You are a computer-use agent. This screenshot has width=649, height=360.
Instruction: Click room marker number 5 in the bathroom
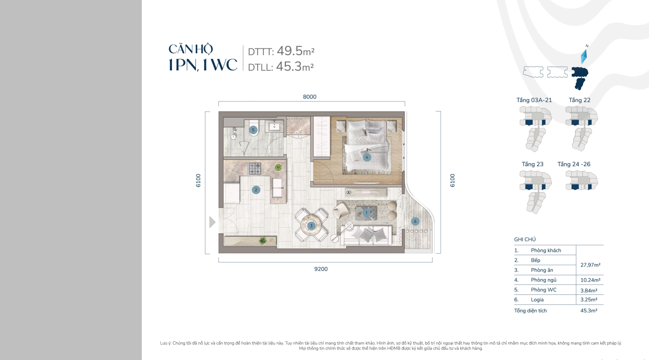[253, 130]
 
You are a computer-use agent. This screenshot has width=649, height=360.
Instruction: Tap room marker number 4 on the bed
[367, 157]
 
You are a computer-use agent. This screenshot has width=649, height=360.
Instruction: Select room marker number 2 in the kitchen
[256, 190]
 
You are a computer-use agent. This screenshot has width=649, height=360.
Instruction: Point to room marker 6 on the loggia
[415, 222]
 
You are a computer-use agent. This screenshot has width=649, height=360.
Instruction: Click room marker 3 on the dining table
[311, 226]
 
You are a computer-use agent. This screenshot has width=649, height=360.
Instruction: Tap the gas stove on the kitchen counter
[255, 169]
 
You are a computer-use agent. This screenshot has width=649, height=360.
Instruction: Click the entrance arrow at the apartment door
[212, 222]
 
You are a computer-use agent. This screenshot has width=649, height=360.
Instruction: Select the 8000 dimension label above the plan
[310, 97]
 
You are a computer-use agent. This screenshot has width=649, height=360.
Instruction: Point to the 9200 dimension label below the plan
[321, 269]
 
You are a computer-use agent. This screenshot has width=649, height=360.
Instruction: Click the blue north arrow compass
[584, 56]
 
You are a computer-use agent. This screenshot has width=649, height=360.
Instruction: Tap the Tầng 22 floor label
[580, 100]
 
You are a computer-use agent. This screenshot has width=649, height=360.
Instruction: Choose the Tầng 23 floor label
[533, 164]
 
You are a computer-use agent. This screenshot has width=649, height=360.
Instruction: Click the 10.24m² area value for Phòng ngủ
[590, 280]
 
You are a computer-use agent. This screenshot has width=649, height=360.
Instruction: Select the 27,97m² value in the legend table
[590, 265]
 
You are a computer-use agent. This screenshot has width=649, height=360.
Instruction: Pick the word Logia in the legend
[537, 300]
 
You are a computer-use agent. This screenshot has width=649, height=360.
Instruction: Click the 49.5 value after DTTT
[290, 51]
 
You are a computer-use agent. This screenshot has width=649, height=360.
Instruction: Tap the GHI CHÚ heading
[524, 239]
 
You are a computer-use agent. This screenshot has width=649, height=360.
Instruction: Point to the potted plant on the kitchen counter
[278, 167]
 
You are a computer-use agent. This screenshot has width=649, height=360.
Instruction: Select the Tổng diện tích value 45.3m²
[589, 311]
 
